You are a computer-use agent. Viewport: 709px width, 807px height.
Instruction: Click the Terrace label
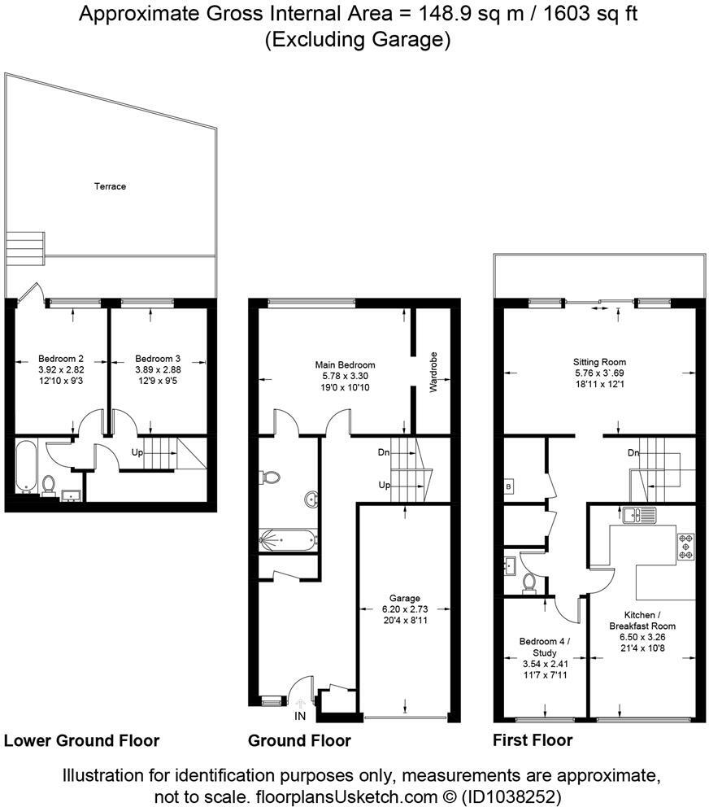tap(110, 186)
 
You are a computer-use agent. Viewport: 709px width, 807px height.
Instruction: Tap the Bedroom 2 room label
tap(61, 359)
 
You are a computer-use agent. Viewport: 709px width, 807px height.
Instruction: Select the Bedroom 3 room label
tap(158, 359)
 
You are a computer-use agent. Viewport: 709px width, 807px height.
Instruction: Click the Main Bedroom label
tap(345, 365)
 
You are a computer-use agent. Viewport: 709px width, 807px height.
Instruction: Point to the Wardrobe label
tap(433, 372)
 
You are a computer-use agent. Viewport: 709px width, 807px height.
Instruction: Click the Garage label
tap(404, 598)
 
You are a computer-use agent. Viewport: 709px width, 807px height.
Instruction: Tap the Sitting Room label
tap(599, 362)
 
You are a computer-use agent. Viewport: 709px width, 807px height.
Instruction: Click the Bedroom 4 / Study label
tap(545, 647)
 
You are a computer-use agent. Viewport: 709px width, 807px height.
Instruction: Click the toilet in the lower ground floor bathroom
tap(49, 485)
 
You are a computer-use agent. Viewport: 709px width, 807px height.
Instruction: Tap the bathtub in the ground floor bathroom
tap(288, 540)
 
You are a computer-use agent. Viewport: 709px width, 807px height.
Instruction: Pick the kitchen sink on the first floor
tap(640, 515)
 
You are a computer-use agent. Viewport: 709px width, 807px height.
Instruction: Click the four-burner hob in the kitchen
tap(685, 547)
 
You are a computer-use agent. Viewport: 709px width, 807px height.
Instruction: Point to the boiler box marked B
tap(508, 486)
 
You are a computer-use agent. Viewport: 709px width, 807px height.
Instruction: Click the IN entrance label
tap(300, 716)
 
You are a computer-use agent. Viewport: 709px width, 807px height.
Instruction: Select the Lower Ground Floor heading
tap(82, 740)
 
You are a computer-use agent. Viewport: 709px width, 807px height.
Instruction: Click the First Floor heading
tap(533, 740)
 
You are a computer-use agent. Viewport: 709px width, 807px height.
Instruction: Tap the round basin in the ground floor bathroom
tap(311, 499)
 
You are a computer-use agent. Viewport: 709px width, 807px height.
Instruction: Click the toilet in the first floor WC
tap(528, 582)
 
